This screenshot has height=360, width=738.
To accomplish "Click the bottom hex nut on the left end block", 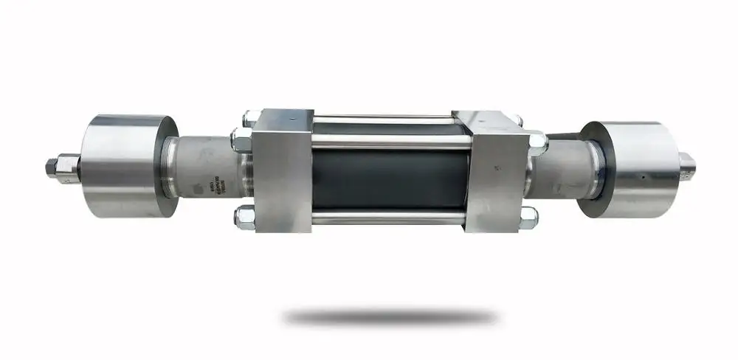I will click(244, 217).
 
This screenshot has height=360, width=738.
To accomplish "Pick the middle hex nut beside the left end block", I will click(241, 138).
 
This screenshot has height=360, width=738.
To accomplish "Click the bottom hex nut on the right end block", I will click(528, 216).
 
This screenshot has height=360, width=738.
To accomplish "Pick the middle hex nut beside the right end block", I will click(537, 139).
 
